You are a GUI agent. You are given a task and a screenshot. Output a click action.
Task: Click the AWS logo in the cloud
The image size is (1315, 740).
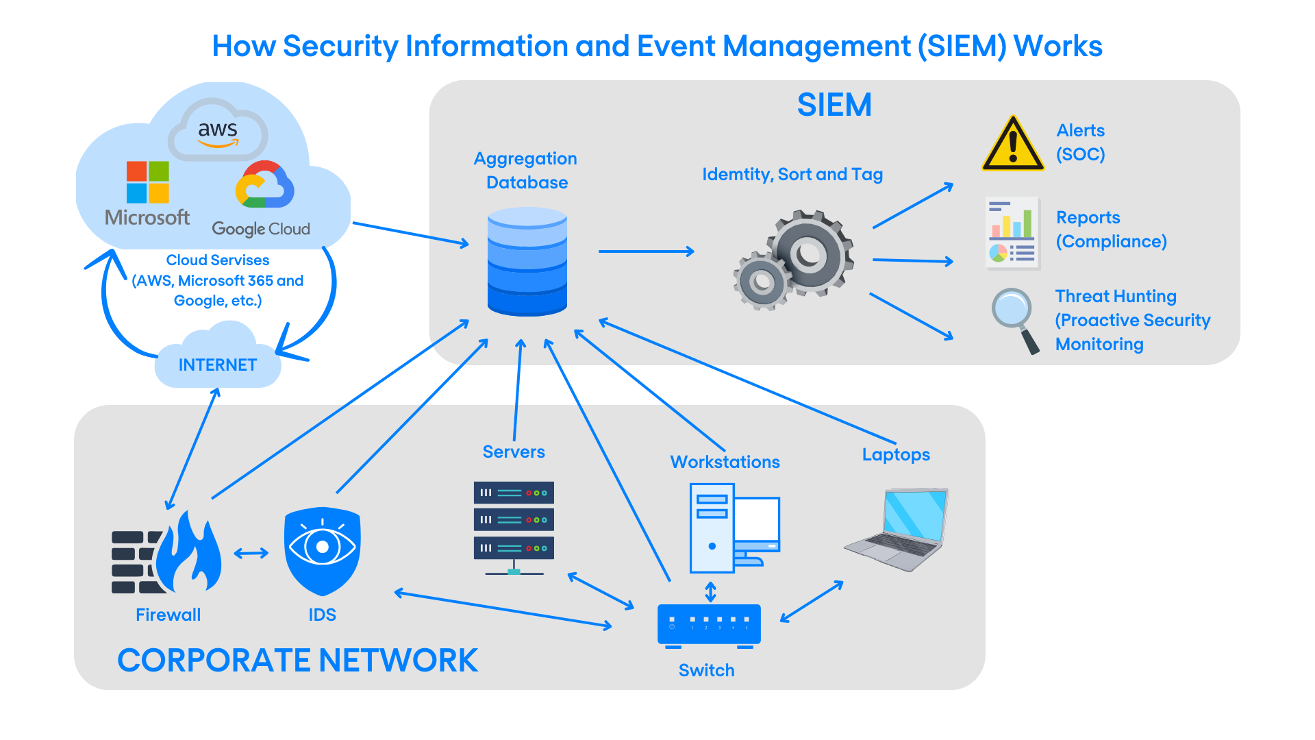[x=218, y=130]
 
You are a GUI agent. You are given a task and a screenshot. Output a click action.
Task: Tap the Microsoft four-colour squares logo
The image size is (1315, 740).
[x=148, y=182]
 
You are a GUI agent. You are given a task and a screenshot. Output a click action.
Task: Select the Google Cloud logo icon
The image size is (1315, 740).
[x=264, y=184]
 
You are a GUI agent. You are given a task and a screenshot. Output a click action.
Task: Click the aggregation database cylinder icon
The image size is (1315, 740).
[x=527, y=262]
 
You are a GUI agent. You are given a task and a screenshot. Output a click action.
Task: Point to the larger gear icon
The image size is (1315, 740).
[x=810, y=254]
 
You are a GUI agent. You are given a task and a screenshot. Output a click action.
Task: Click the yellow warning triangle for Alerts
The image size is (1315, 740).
[x=1012, y=144]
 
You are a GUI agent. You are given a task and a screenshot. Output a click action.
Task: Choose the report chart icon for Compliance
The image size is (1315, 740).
[x=1013, y=234]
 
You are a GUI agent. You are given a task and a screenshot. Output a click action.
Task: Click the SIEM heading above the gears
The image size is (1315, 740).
[x=834, y=106]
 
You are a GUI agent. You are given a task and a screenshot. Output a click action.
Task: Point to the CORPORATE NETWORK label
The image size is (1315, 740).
[x=297, y=661]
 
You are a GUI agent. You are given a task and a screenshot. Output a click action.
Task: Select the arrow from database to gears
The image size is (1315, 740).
[x=646, y=251]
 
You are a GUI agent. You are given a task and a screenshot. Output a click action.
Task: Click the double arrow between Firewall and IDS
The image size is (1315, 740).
[x=251, y=553]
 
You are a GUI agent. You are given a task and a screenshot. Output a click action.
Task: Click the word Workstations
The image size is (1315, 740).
[x=725, y=462]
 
